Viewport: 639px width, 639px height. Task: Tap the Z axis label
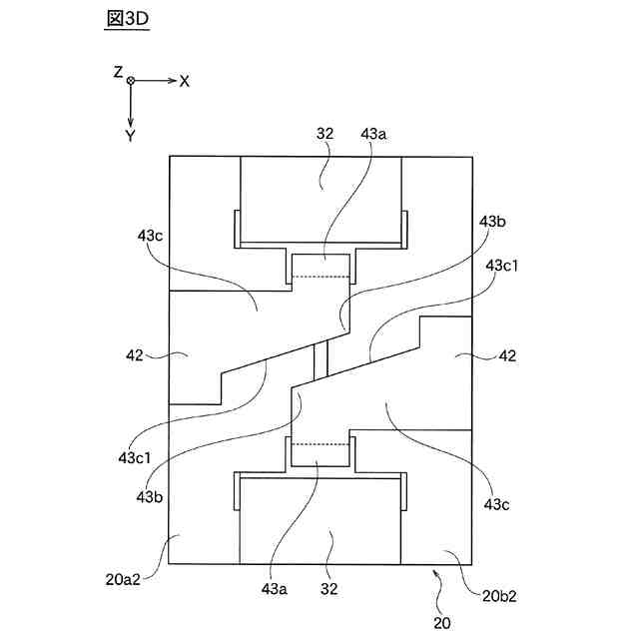[x=118, y=73]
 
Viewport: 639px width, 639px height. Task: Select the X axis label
[x=185, y=81]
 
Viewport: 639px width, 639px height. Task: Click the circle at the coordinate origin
[x=131, y=81]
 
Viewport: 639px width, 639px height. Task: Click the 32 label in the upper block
[x=325, y=133]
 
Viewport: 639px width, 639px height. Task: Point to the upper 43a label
[x=374, y=133]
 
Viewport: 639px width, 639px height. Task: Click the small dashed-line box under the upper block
[x=321, y=267]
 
